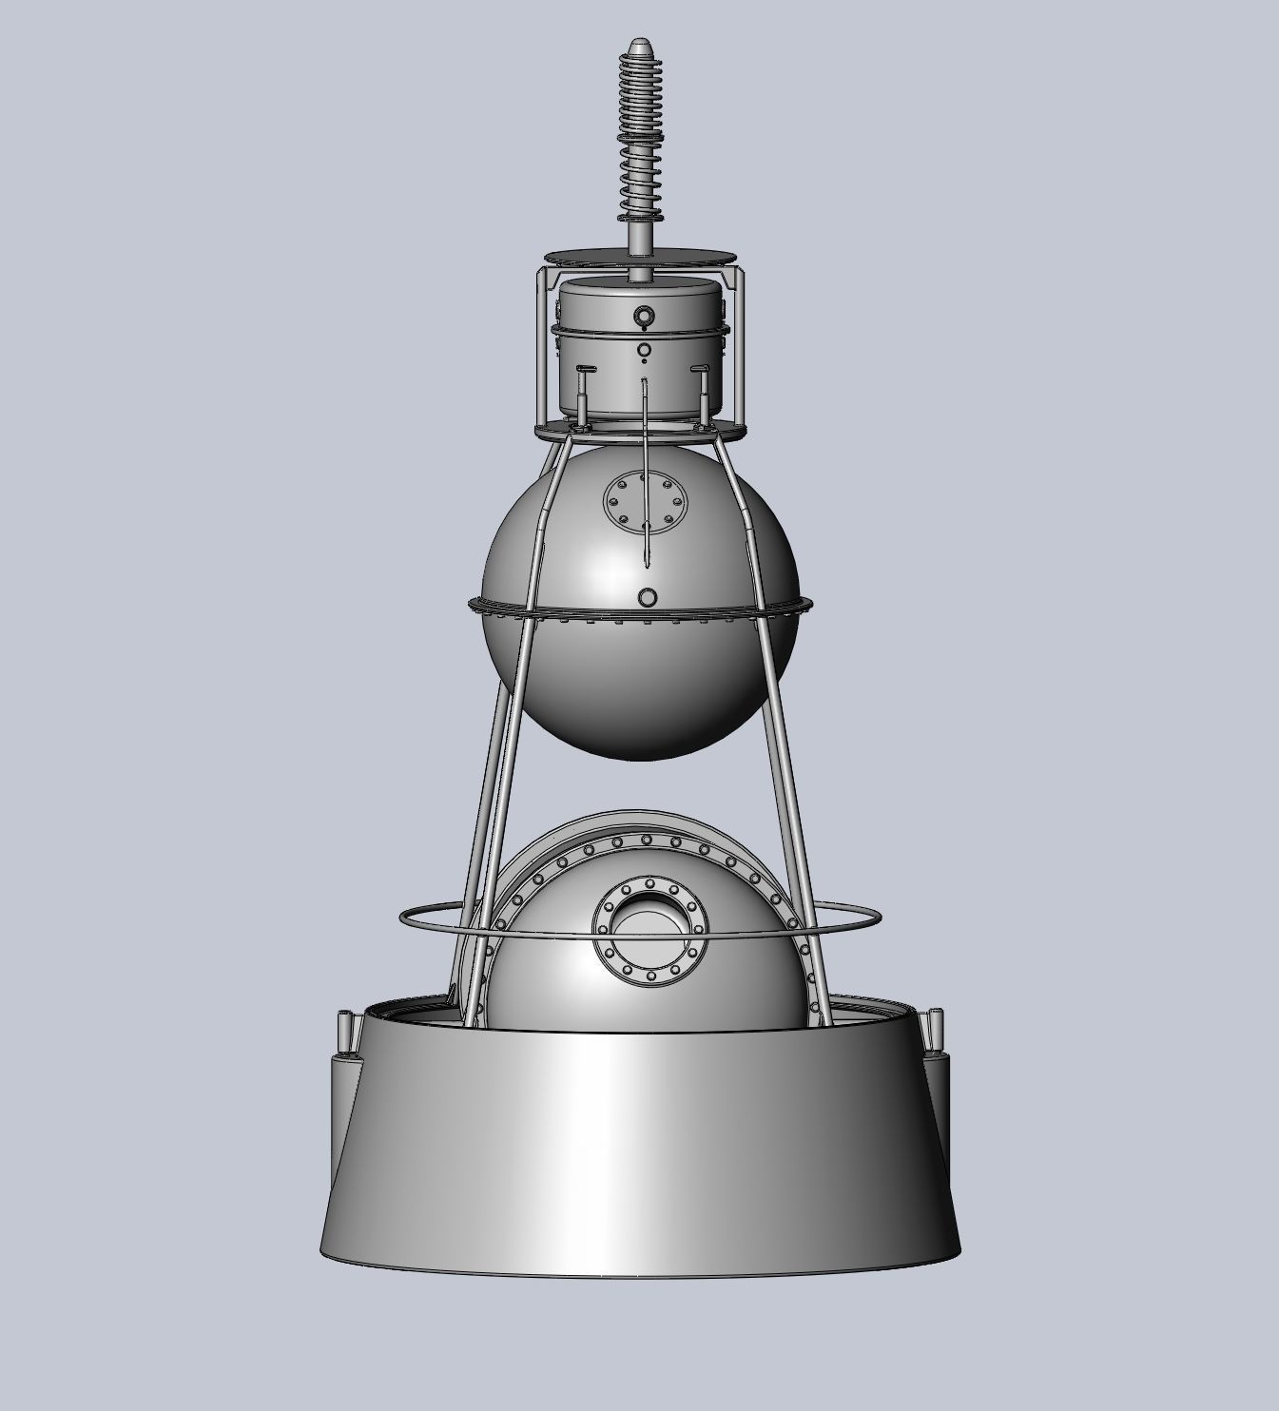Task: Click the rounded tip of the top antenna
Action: tap(638, 45)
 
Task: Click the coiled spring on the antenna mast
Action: tap(638, 133)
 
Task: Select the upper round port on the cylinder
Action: tap(645, 317)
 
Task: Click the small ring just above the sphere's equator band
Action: tap(648, 597)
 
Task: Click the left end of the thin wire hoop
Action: tap(402, 918)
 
